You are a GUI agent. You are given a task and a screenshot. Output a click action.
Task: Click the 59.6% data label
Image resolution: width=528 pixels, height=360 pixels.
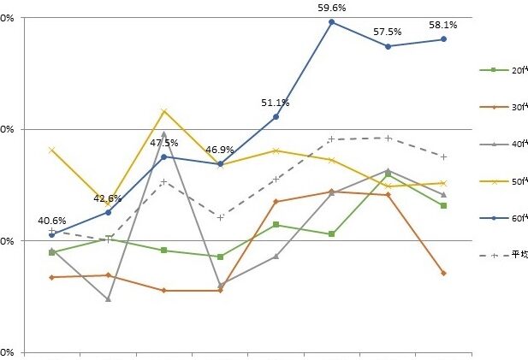tap(331, 8)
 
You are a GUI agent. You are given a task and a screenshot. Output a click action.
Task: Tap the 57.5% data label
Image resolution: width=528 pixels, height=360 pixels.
tap(388, 32)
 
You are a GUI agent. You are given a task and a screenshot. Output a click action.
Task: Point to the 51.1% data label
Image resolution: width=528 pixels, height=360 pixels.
tap(276, 103)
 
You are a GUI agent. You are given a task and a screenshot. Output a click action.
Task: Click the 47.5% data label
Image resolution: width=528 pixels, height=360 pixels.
tap(163, 143)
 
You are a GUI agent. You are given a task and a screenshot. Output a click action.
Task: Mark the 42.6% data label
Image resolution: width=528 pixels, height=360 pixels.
tap(108, 198)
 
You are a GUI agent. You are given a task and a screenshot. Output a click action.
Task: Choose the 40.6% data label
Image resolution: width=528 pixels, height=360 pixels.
tap(52, 221)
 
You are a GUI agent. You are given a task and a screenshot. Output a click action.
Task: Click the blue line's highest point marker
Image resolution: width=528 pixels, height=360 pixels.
tap(331, 21)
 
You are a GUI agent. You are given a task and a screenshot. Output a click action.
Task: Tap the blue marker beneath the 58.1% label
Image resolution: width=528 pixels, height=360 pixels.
tap(443, 39)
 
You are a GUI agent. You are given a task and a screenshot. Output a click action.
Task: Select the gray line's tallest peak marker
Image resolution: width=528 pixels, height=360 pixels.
tap(163, 133)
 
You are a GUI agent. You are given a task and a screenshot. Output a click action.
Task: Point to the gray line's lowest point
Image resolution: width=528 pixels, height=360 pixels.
tap(108, 299)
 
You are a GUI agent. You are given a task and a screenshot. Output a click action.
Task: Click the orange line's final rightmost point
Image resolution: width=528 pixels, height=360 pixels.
tap(443, 273)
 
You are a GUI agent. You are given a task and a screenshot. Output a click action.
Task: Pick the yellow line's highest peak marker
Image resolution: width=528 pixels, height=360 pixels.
tap(163, 111)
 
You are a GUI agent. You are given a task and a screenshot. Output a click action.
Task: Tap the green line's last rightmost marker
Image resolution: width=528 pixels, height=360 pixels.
tap(443, 206)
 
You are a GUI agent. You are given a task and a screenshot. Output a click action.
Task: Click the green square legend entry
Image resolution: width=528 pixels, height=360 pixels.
tap(494, 69)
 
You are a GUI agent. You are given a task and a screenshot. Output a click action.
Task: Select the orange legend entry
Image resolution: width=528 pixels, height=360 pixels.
tap(494, 107)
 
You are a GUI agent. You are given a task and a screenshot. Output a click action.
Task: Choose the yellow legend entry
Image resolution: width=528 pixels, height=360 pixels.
tap(494, 181)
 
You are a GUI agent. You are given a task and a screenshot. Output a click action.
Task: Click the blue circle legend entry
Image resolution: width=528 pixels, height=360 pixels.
tap(494, 218)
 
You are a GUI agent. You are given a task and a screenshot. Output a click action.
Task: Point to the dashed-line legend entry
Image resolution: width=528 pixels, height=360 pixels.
tap(494, 254)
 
